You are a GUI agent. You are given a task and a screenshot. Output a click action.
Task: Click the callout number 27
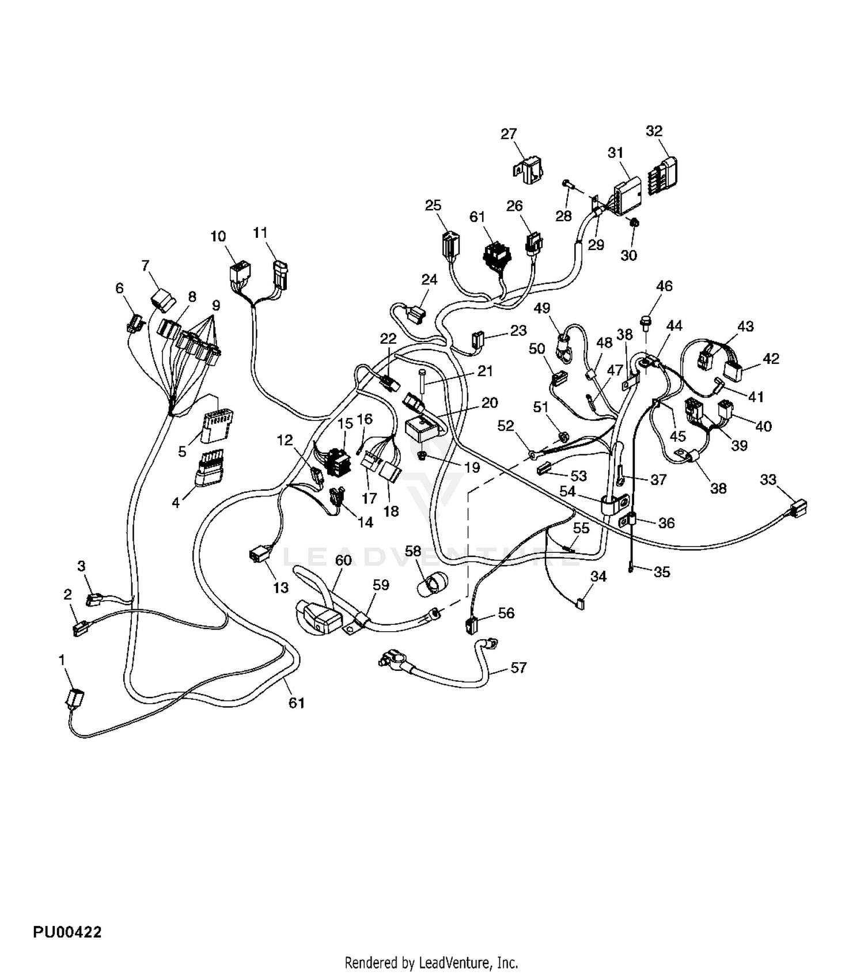509,134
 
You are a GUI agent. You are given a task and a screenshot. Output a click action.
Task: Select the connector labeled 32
663,174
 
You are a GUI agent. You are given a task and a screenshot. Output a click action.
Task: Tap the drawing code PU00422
67,932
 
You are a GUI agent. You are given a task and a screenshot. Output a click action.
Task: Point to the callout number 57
518,667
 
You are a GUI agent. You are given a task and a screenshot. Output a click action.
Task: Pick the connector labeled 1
75,698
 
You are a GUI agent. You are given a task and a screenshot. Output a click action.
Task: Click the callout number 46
664,286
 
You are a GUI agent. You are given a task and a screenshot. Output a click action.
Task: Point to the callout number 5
182,452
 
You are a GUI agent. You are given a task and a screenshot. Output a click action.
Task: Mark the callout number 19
472,467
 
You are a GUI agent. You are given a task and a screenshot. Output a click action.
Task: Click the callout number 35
662,572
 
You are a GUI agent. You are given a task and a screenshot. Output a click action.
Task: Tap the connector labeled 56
472,624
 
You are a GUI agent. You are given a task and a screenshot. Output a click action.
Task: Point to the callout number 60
343,560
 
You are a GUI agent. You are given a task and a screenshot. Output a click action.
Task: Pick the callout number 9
216,305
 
